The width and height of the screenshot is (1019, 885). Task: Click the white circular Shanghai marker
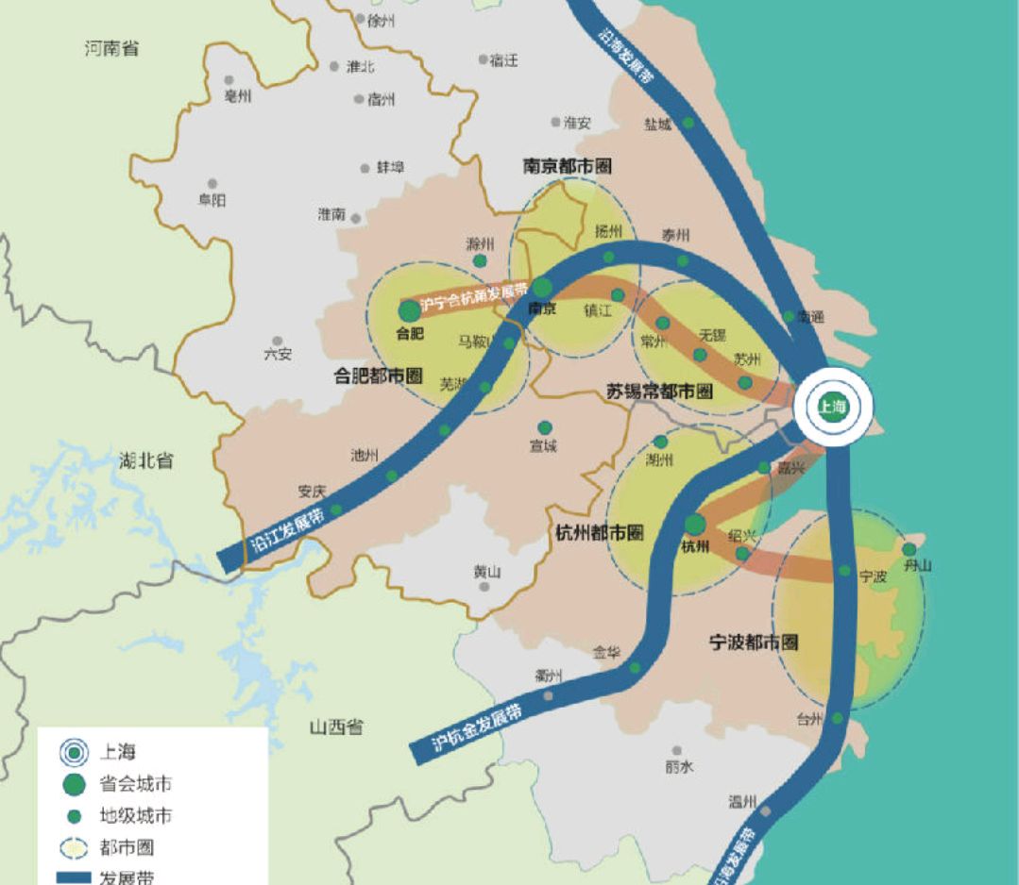(833, 408)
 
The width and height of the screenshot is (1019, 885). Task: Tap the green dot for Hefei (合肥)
(409, 310)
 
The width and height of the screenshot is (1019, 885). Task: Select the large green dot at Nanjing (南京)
(542, 288)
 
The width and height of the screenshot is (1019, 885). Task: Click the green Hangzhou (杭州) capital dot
(695, 524)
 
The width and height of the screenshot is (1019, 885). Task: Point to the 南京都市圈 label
(567, 167)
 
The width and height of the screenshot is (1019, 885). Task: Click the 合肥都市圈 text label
(378, 376)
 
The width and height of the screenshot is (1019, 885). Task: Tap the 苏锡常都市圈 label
(659, 391)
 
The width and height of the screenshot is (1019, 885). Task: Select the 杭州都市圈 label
(600, 533)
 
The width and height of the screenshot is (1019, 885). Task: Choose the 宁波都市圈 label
(753, 643)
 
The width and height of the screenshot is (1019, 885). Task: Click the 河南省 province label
(111, 48)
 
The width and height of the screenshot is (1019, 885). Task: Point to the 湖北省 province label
(146, 460)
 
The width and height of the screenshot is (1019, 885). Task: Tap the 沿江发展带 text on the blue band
(284, 530)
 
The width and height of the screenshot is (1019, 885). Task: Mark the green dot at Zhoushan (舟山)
(909, 549)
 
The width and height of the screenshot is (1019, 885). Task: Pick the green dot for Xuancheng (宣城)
(544, 427)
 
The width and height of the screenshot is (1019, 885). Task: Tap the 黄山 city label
(486, 571)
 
